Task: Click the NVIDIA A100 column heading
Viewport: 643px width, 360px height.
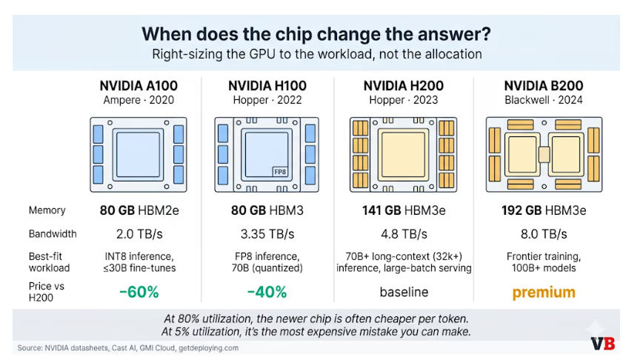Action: coord(139,85)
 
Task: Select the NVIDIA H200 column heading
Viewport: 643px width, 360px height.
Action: coord(405,85)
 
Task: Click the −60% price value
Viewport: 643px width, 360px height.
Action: coord(139,292)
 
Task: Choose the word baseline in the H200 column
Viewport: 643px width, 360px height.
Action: coord(404,292)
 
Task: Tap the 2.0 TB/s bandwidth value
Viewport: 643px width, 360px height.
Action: coord(139,234)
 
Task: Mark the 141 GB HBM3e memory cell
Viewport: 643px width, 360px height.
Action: coord(404,211)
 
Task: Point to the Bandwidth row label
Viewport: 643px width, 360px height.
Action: coord(53,234)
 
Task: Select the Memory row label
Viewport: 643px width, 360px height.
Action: coord(47,211)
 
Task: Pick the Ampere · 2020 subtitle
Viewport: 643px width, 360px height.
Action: coord(139,100)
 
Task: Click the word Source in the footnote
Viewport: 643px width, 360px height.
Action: coord(30,347)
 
